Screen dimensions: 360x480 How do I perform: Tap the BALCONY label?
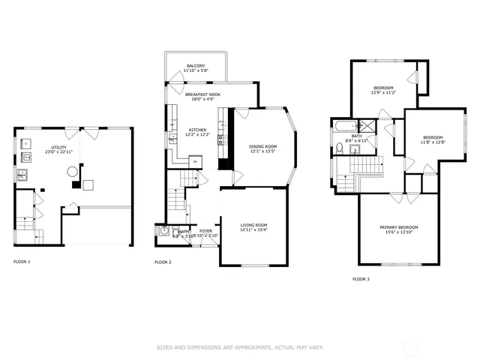point(195,67)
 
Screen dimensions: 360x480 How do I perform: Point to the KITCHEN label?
point(197,130)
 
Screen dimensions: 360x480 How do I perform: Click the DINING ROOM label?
point(263,146)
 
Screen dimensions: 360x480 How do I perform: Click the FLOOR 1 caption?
point(22,262)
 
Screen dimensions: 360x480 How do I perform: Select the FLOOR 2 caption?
point(163,262)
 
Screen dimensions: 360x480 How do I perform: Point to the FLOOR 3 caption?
point(361,279)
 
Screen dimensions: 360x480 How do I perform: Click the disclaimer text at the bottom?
point(239,347)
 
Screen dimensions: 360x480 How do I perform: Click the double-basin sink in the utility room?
point(22,176)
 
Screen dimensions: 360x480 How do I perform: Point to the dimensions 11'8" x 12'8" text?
point(433,142)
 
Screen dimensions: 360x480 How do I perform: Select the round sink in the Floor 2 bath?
point(163,232)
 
